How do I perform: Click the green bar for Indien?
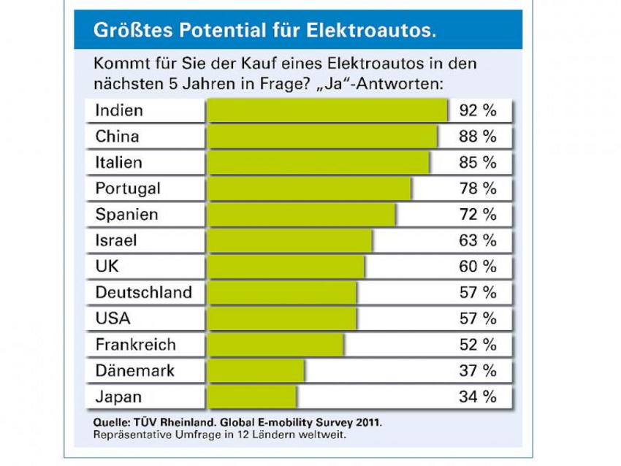[x=327, y=110]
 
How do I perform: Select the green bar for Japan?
[x=252, y=397]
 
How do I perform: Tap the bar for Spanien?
[x=301, y=215]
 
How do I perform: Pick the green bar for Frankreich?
[x=275, y=344]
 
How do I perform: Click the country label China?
[x=117, y=137]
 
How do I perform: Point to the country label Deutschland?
[x=144, y=292]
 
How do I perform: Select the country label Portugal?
[x=128, y=188]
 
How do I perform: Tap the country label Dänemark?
[x=135, y=370]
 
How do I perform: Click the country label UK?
[x=107, y=267]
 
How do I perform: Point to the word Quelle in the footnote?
[x=111, y=423]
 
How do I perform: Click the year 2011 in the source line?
[x=365, y=423]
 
